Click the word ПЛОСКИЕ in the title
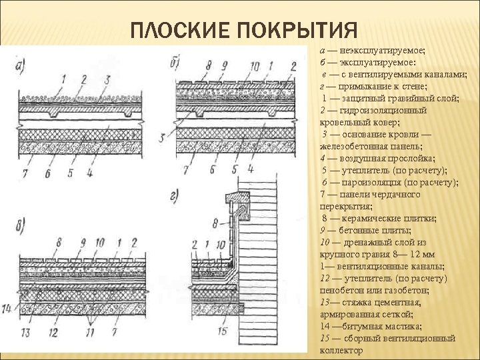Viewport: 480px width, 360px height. point(176,31)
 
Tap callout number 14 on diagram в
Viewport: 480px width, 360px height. point(7,308)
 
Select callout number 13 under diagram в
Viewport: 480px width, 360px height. point(26,331)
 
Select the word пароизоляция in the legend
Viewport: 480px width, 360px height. point(375,182)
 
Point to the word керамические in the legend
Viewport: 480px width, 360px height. point(375,218)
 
